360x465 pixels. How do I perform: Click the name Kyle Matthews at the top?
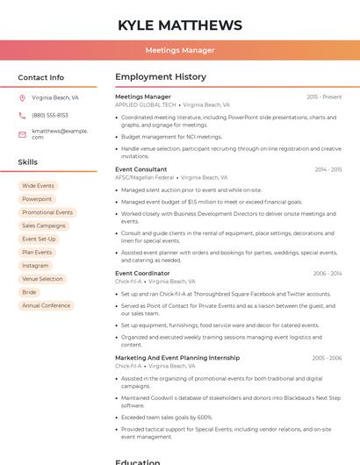point(179,25)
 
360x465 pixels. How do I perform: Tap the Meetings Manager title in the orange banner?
point(179,50)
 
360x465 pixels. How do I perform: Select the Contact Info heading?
point(40,77)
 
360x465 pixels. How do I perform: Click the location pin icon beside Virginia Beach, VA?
point(22,97)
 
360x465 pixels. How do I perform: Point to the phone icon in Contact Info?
point(22,115)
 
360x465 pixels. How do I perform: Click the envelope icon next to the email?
point(22,134)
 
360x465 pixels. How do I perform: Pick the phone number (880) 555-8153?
point(50,115)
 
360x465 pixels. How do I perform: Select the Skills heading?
point(27,162)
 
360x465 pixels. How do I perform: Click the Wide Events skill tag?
point(38,186)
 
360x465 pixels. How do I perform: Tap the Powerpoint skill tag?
point(37,199)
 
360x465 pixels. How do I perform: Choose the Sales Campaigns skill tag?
point(44,225)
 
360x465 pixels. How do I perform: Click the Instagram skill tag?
point(35,266)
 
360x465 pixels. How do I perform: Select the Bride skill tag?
point(29,292)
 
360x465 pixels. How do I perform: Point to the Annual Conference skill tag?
point(46,305)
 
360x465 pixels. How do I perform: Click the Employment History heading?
point(161,77)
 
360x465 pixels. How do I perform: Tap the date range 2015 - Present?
point(324,97)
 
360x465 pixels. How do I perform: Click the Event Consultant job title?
point(140,169)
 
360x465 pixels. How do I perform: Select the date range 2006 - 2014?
point(327,273)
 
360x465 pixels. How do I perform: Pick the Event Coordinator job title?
point(142,273)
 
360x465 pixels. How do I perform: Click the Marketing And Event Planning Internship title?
point(177,358)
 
